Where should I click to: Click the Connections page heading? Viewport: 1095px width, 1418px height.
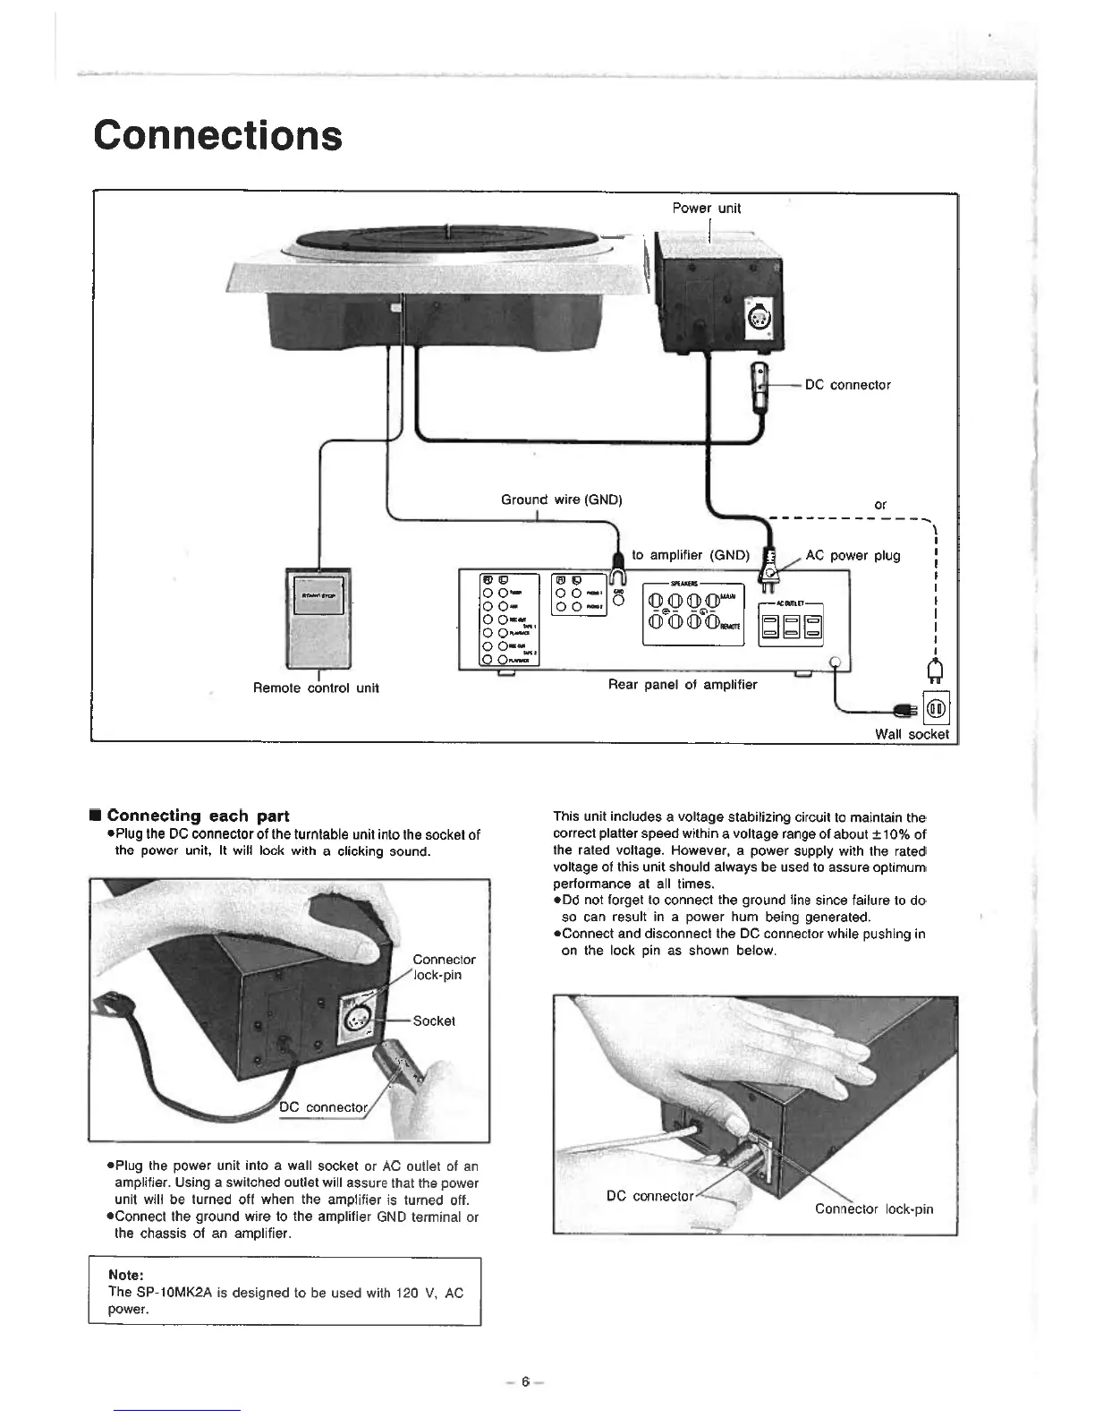coord(217,135)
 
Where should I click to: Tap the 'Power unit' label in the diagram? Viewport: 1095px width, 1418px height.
coord(707,209)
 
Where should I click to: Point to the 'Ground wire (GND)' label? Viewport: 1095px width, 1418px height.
coord(561,499)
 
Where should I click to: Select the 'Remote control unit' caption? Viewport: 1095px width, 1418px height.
coord(316,688)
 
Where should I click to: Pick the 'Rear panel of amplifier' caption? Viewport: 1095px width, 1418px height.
coord(682,685)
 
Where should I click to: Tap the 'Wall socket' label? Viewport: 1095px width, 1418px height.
coord(912,734)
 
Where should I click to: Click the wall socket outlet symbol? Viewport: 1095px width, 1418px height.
coord(936,710)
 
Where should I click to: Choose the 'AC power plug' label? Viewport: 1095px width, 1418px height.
coord(853,555)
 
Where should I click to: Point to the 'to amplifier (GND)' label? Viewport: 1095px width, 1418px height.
coord(690,555)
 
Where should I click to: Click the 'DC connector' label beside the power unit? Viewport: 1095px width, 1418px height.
coord(847,385)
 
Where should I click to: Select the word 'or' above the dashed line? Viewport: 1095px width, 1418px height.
coord(880,505)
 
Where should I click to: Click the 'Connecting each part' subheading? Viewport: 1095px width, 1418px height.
coord(198,816)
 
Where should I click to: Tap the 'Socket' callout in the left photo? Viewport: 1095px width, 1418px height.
coord(434,1021)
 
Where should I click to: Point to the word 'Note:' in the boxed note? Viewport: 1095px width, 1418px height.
coord(126,1275)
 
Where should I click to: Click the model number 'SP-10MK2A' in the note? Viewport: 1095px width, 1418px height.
coord(174,1292)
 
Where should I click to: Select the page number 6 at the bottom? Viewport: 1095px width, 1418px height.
coord(527,1380)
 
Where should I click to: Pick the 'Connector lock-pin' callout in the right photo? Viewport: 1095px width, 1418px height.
coord(873,1209)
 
